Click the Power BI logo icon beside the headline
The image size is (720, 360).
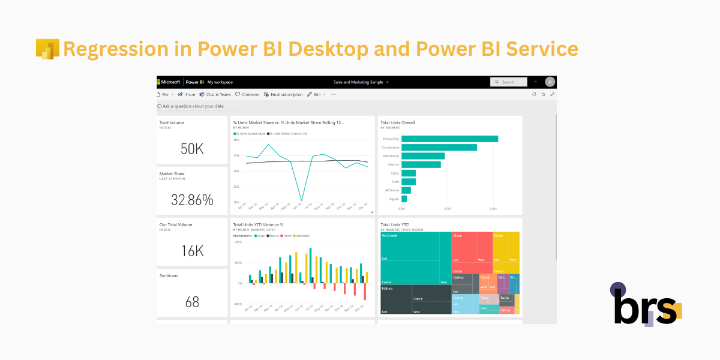pyautogui.click(x=47, y=49)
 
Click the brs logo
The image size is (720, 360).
pyautogui.click(x=646, y=305)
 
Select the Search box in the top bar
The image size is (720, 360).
pyautogui.click(x=509, y=82)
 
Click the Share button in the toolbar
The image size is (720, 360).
pyautogui.click(x=187, y=94)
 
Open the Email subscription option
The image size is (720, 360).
pyautogui.click(x=283, y=94)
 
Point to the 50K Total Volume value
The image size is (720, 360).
pyautogui.click(x=192, y=149)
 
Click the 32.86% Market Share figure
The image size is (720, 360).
pyautogui.click(x=192, y=200)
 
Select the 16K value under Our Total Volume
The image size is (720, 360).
pyautogui.click(x=192, y=251)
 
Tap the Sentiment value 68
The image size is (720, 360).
pyautogui.click(x=192, y=302)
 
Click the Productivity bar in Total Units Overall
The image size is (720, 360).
pyautogui.click(x=449, y=139)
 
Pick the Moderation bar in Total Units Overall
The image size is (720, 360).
pyautogui.click(x=423, y=156)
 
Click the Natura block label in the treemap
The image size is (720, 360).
pyautogui.click(x=388, y=289)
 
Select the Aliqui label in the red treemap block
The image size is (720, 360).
pyautogui.click(x=458, y=236)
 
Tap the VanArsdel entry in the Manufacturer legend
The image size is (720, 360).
pyautogui.click(x=302, y=236)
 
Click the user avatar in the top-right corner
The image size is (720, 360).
pyautogui.click(x=550, y=82)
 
